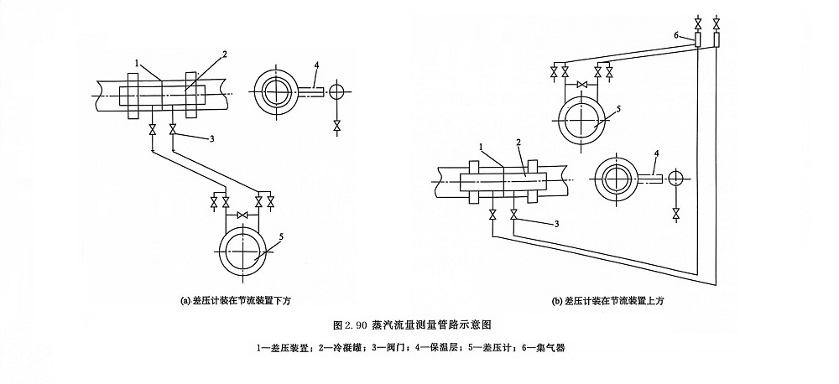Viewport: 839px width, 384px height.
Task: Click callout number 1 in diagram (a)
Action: pos(137,62)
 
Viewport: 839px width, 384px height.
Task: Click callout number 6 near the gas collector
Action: pos(675,35)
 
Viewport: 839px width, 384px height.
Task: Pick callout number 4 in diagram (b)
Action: pos(657,152)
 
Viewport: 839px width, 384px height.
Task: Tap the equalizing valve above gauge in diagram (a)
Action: pos(243,216)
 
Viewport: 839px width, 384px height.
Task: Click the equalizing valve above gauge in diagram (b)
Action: pos(580,84)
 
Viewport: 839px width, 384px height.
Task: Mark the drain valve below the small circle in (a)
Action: pos(336,125)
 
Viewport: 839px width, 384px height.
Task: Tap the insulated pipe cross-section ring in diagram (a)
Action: pos(277,91)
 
